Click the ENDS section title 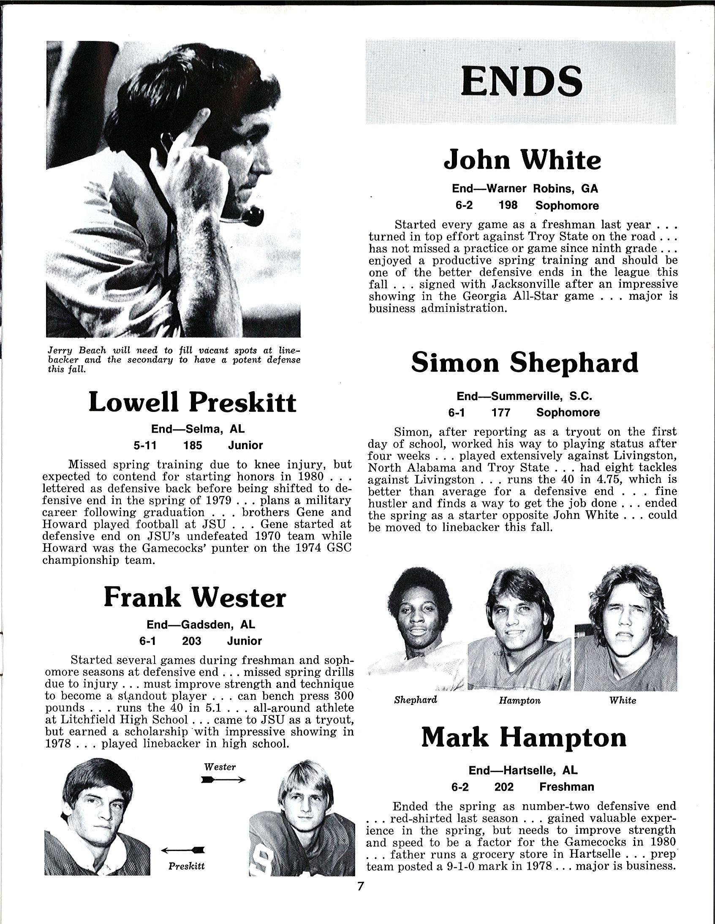coord(521,81)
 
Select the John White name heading coord(522,160)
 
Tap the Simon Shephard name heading coord(525,362)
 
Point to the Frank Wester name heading coord(195,598)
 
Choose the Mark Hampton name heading coord(524,737)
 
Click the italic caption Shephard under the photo coord(415,700)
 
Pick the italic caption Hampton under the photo coord(519,701)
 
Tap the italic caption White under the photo coord(623,700)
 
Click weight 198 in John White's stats coord(508,205)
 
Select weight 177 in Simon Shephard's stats coord(501,412)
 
